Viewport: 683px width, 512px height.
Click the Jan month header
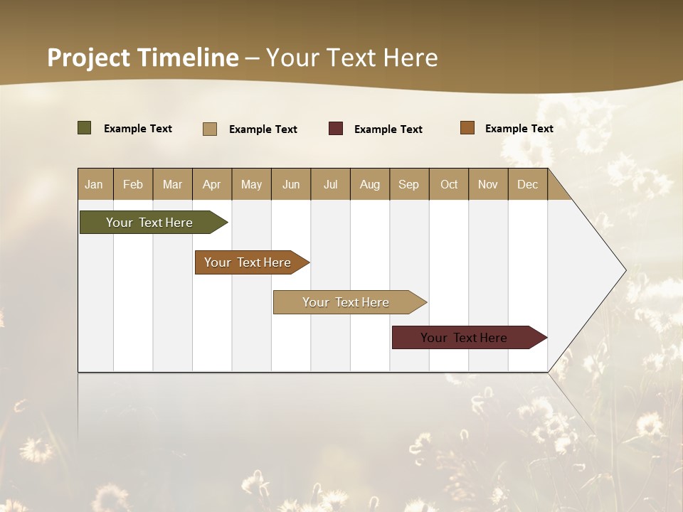pyautogui.click(x=95, y=184)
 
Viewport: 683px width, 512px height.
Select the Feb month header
pyautogui.click(x=133, y=184)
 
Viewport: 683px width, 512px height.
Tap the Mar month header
pyautogui.click(x=172, y=184)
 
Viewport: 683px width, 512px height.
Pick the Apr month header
pyautogui.click(x=212, y=184)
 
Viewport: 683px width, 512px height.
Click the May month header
pyautogui.click(x=251, y=184)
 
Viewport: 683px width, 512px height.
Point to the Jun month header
pyautogui.click(x=291, y=184)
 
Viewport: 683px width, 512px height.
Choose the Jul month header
pyautogui.click(x=330, y=184)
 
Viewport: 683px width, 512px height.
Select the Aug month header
pyautogui.click(x=370, y=184)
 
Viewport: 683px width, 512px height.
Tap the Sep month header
pyautogui.click(x=409, y=184)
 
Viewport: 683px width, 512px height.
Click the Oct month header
pyautogui.click(x=449, y=184)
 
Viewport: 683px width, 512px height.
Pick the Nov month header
pyautogui.click(x=488, y=184)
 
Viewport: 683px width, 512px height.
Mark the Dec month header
pyautogui.click(x=528, y=184)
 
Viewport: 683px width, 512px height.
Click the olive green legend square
pyautogui.click(x=85, y=128)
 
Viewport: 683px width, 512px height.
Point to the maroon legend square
pyautogui.click(x=336, y=129)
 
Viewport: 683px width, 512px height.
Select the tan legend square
pyautogui.click(x=210, y=129)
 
